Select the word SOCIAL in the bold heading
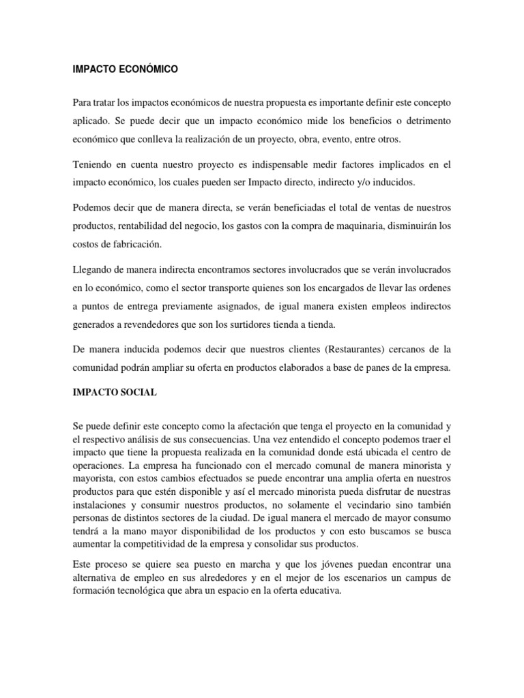137,393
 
